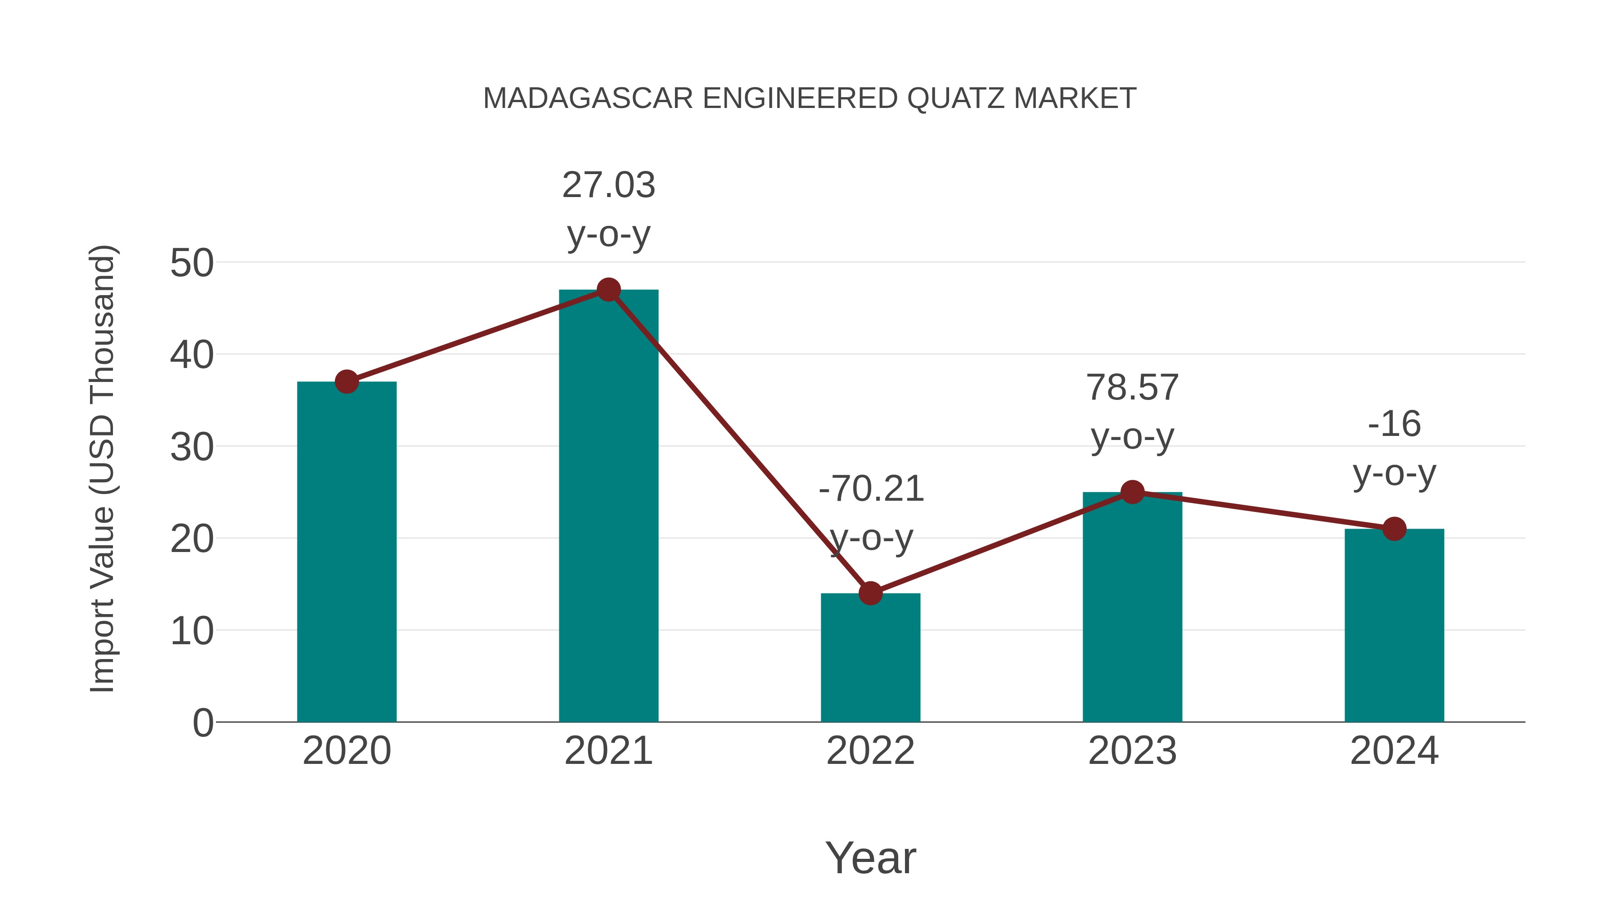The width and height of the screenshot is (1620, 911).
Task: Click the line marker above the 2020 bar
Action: click(x=346, y=381)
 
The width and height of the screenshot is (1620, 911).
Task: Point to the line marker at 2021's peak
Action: click(x=608, y=290)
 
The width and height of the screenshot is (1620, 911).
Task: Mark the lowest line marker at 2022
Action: click(x=870, y=593)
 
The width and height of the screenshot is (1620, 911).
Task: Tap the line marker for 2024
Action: click(x=1394, y=529)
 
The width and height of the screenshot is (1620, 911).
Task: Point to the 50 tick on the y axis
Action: click(x=192, y=263)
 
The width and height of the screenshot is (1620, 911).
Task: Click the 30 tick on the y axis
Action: click(x=192, y=447)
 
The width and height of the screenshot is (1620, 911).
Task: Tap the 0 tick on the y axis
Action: click(x=202, y=723)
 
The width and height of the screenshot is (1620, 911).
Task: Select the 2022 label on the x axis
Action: click(x=870, y=751)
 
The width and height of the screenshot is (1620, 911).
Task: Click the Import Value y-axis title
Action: click(x=102, y=468)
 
